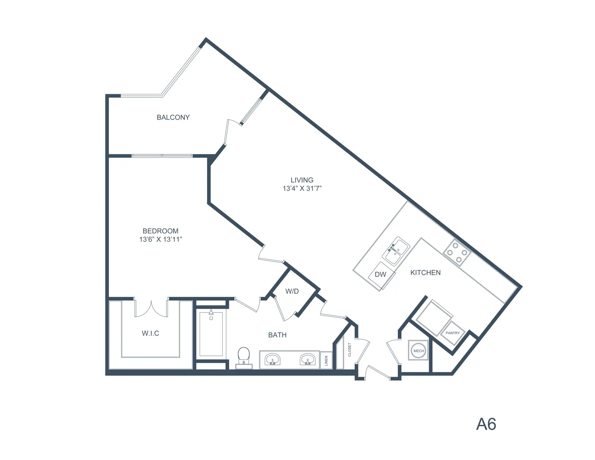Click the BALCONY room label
[173, 117]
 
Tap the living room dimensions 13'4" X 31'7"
[302, 189]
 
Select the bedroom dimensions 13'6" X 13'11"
[161, 240]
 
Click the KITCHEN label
[426, 273]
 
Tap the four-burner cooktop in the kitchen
[457, 252]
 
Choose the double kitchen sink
[396, 251]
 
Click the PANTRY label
[452, 333]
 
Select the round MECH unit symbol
[418, 351]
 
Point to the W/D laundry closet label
[292, 291]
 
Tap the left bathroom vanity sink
[272, 359]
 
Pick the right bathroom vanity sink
[308, 359]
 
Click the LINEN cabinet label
[326, 361]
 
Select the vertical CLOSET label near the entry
[349, 350]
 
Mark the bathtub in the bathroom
[211, 333]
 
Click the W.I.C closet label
[150, 333]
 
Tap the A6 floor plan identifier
[486, 424]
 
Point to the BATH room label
[277, 335]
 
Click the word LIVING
[302, 180]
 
